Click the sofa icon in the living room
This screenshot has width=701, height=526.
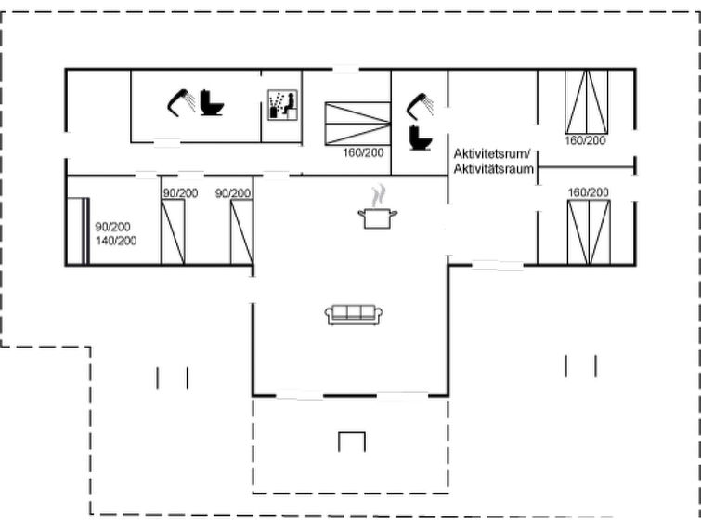tap(353, 315)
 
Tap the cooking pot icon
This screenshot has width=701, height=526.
tap(378, 218)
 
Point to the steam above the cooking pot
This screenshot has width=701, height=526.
tap(378, 195)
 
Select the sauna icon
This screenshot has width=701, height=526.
tap(282, 105)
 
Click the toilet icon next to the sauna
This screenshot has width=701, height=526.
tap(212, 102)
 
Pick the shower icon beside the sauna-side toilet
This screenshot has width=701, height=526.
tap(181, 102)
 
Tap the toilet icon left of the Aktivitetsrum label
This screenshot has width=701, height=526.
tap(421, 138)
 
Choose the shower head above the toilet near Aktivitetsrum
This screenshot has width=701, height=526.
tap(420, 106)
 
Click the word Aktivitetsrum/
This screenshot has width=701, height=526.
tap(492, 154)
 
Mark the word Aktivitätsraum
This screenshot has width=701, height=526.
tap(494, 169)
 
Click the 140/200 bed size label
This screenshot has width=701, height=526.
tap(116, 241)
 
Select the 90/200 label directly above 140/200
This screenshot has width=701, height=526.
tap(112, 227)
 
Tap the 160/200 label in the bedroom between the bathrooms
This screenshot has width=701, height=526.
tap(363, 152)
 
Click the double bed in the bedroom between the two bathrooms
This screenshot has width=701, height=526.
tap(357, 124)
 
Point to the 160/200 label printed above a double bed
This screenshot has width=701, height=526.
tap(588, 192)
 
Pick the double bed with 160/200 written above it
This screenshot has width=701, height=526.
tap(589, 232)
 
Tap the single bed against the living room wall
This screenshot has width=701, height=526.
tap(241, 232)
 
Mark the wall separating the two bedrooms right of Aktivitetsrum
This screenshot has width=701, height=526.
tap(586, 167)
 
